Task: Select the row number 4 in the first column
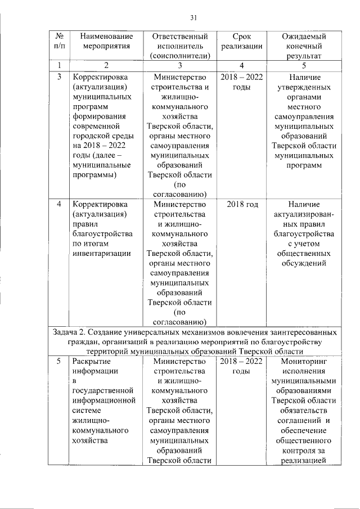(60, 204)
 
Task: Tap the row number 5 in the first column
(60, 361)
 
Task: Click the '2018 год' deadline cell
(242, 204)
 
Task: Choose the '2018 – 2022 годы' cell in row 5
(242, 366)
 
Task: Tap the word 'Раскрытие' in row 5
(91, 361)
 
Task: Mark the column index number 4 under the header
(241, 66)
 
